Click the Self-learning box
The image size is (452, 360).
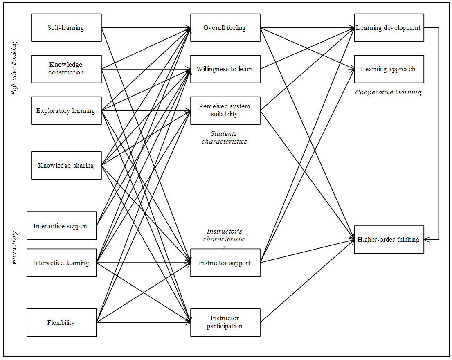[x=66, y=28]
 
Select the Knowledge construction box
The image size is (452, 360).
[x=66, y=69]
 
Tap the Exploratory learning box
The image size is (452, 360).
[x=66, y=111]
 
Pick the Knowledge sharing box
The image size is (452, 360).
[x=66, y=166]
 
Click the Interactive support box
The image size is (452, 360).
[x=61, y=226]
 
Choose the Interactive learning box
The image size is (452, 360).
[x=61, y=263]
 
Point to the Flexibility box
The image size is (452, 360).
[x=61, y=323]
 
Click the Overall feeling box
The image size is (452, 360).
[x=225, y=28]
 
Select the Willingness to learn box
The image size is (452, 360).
[x=225, y=69]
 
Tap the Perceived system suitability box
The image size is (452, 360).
[x=225, y=110]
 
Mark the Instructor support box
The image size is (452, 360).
[x=225, y=263]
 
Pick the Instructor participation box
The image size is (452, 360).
[x=225, y=323]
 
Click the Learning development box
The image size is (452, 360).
[x=389, y=28]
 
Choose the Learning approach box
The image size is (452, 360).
[x=389, y=69]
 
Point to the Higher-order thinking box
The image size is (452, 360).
[x=389, y=240]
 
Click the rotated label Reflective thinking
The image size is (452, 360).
[x=15, y=68]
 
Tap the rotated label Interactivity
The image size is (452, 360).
[x=15, y=248]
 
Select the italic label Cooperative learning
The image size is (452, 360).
[x=388, y=92]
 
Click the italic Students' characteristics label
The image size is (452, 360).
[x=225, y=137]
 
